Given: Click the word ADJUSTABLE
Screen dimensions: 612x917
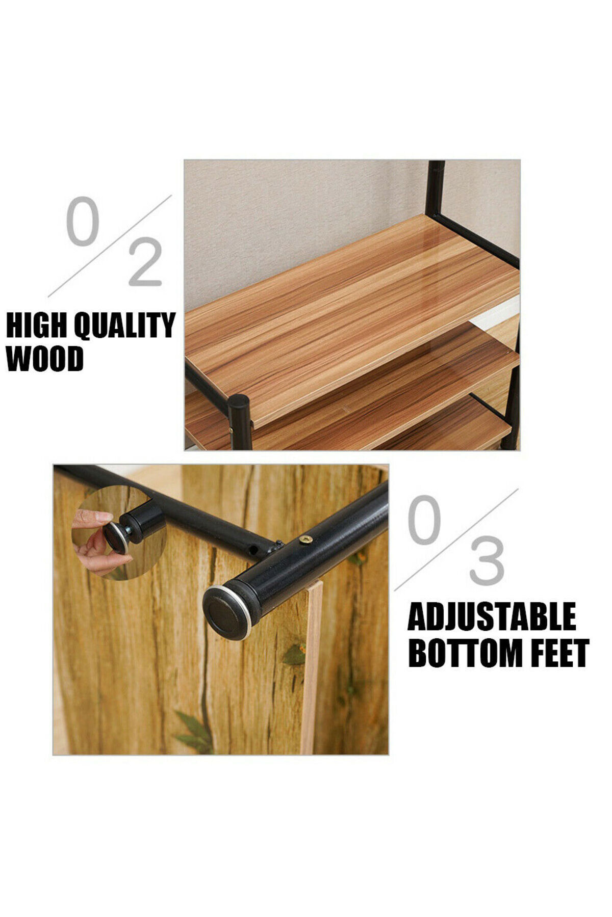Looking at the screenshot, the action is (x=492, y=617).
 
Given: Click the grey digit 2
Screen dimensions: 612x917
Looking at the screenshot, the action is (x=146, y=264).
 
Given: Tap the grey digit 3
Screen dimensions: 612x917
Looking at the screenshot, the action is (x=487, y=561).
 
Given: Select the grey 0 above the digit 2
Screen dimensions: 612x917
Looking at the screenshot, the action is (x=81, y=223).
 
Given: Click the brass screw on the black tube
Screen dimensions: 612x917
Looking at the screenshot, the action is (x=306, y=540).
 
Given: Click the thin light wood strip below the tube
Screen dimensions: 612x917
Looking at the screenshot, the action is (x=312, y=667).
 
